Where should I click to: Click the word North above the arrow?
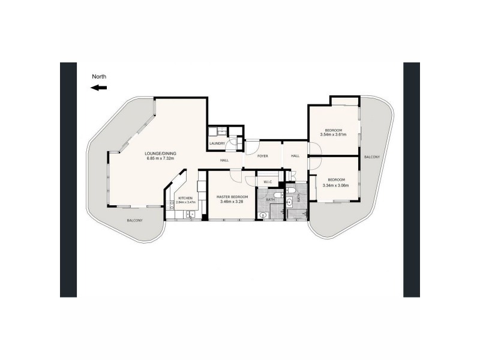[x=99, y=76]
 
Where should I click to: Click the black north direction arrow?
[x=99, y=88]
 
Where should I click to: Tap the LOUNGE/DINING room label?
[x=159, y=154]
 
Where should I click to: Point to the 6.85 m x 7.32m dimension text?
[x=159, y=159]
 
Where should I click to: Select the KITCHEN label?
[x=185, y=198]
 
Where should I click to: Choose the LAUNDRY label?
[x=217, y=143]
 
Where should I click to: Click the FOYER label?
[x=262, y=156]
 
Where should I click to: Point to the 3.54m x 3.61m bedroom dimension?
[x=334, y=135]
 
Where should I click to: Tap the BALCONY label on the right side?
[x=371, y=157]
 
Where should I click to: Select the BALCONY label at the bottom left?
[x=134, y=221]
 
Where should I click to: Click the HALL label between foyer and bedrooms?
[x=295, y=156]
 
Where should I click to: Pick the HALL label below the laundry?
[x=224, y=160]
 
